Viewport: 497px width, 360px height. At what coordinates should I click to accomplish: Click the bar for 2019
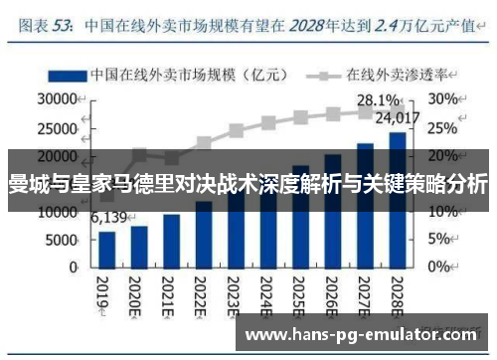click(x=107, y=249)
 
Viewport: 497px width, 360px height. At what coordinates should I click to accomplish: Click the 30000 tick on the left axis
click(x=56, y=99)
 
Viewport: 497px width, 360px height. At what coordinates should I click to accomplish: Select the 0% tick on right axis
click(x=443, y=268)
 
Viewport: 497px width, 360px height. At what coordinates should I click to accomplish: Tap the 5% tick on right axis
click(x=443, y=241)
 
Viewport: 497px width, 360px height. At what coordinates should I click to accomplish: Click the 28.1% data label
click(x=379, y=100)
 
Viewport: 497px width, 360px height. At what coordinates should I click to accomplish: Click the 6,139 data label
click(x=107, y=217)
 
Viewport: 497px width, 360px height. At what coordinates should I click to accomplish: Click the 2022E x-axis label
click(x=202, y=293)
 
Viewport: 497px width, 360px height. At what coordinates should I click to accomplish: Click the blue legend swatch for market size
click(x=66, y=75)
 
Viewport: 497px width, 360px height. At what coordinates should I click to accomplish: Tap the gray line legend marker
click(x=324, y=75)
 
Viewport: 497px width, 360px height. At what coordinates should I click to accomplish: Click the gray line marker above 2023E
click(x=237, y=130)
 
